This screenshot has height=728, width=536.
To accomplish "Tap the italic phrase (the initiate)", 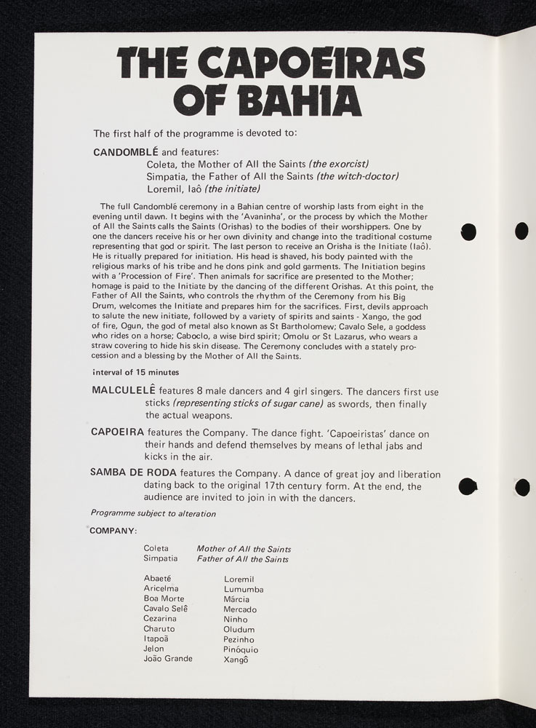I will click(x=232, y=189).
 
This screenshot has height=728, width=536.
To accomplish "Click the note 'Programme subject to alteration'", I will click(x=153, y=513).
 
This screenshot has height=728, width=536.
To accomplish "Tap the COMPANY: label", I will click(x=113, y=530).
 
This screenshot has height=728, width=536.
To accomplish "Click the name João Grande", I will click(x=168, y=658).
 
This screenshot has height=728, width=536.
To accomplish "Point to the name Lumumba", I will click(x=244, y=589).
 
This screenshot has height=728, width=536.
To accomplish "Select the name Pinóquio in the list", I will click(x=241, y=649).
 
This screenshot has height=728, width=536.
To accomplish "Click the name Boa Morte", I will click(x=164, y=598).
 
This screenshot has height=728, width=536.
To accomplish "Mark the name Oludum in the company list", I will click(x=239, y=629).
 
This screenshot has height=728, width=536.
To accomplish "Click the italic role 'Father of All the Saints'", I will click(x=242, y=559).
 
